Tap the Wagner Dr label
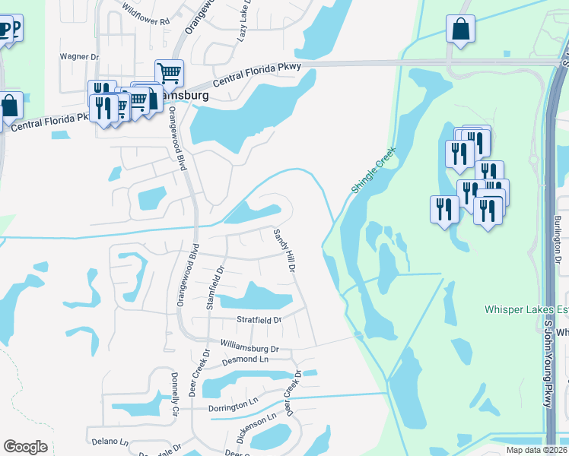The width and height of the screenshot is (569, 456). click(x=80, y=56)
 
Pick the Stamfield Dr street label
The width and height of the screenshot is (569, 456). click(x=215, y=286)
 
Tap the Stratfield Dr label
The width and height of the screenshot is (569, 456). click(x=259, y=320)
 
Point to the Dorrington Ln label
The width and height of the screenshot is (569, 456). click(x=234, y=407)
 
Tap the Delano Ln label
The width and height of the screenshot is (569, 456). click(x=110, y=441)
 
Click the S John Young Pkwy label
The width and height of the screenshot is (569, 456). click(x=548, y=365)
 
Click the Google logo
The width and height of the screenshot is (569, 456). click(x=25, y=446)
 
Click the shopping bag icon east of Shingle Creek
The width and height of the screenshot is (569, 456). click(x=460, y=30)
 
